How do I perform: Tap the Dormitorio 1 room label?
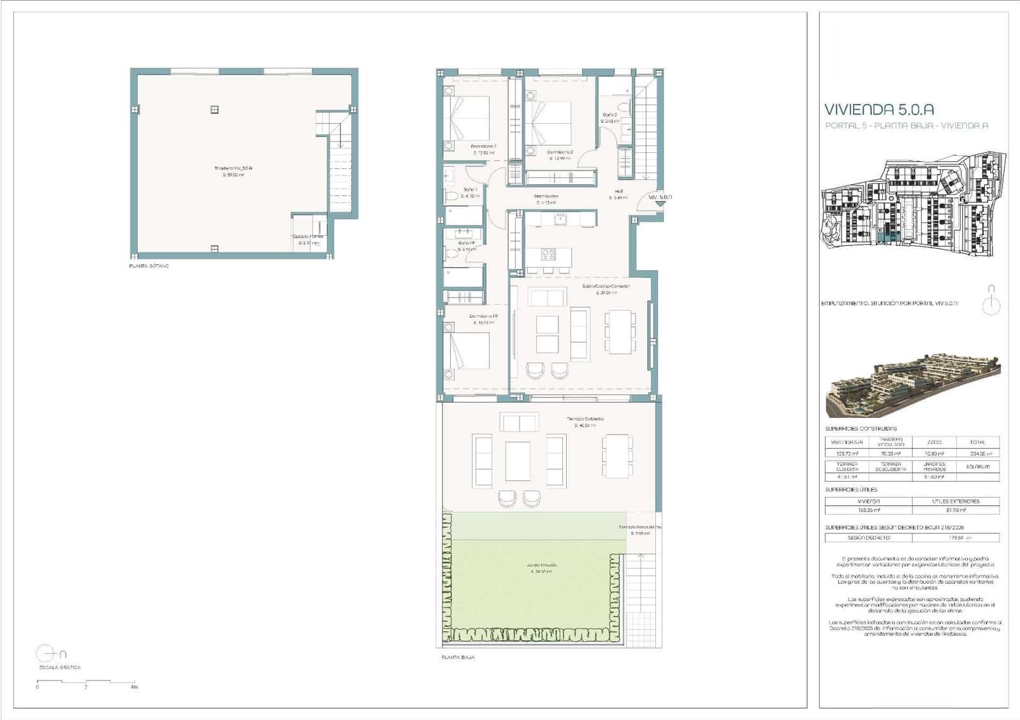click(x=484, y=147)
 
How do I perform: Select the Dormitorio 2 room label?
click(x=560, y=152)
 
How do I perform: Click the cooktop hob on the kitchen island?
click(x=548, y=255)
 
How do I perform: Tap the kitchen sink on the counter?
click(x=560, y=220)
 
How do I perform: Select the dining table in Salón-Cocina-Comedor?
click(x=618, y=331)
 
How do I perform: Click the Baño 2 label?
click(x=609, y=115)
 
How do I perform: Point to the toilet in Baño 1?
click(x=451, y=197)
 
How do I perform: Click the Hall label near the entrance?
click(x=618, y=191)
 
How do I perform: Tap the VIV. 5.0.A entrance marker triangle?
click(x=660, y=204)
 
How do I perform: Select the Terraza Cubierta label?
click(x=585, y=419)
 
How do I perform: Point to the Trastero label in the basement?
click(x=233, y=168)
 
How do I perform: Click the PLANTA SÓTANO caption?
click(x=149, y=266)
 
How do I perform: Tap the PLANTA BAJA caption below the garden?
click(x=458, y=657)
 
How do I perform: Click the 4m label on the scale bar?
click(x=133, y=688)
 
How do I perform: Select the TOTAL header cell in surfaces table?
click(x=978, y=442)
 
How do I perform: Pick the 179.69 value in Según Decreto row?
click(x=955, y=538)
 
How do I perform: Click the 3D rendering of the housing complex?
click(x=913, y=383)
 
